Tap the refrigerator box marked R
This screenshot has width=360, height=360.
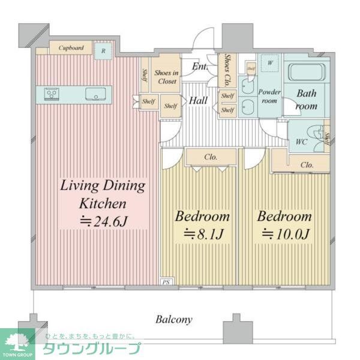(x=104, y=50)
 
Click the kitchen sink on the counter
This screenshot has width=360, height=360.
(x=95, y=94)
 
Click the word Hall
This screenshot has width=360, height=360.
(x=198, y=101)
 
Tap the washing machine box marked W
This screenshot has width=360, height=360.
(x=269, y=62)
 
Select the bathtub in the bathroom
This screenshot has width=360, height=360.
(x=306, y=72)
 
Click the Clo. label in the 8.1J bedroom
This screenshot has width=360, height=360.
(x=210, y=157)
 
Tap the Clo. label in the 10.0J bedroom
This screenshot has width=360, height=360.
(x=307, y=164)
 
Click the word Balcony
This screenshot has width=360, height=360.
(x=174, y=319)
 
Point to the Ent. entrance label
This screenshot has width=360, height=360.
(x=200, y=67)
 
